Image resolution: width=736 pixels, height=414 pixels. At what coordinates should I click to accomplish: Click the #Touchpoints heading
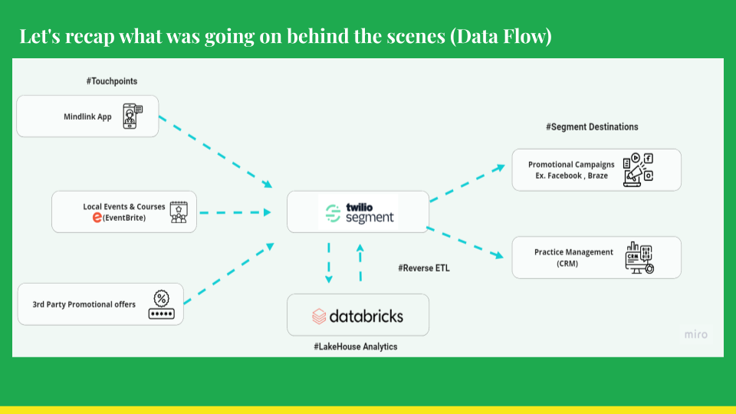point(112,81)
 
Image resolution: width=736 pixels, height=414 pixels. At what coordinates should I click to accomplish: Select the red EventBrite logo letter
point(97,217)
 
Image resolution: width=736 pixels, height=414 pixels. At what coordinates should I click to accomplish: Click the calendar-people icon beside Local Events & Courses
point(179,212)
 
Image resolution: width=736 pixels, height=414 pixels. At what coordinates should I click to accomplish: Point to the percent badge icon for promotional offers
point(162,304)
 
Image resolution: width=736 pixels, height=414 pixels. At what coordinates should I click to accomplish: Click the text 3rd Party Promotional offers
point(84,304)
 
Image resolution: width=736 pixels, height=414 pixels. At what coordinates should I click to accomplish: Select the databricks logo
point(358,316)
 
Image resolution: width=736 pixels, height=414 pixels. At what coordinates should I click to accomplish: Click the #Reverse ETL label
point(424,268)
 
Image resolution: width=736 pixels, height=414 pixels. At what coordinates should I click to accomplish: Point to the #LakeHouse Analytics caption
point(355,347)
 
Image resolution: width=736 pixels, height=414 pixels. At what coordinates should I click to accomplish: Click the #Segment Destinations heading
point(592,127)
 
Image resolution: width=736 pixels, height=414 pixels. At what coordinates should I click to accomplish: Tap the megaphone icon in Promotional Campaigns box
point(638,170)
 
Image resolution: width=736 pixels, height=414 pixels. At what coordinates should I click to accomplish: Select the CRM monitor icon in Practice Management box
point(639,258)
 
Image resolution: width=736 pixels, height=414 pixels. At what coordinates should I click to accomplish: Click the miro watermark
point(695,335)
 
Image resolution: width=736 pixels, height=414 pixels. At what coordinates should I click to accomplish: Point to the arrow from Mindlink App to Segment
point(216,152)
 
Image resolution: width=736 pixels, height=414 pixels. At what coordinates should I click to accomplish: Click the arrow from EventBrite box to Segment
point(235,212)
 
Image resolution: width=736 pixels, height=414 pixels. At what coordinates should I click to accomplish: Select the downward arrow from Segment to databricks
point(329,263)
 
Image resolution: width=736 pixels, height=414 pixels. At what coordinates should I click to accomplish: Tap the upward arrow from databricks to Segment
point(360,262)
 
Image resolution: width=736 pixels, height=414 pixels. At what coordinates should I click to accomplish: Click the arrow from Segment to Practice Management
point(465,242)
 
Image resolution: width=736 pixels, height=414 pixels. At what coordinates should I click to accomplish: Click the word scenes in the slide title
point(416,36)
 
